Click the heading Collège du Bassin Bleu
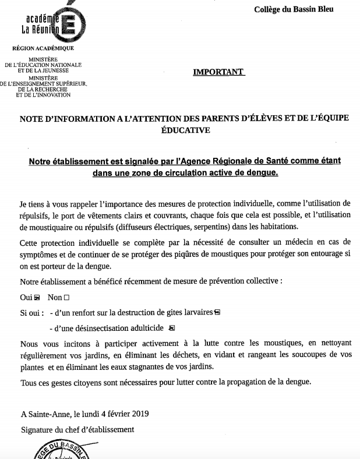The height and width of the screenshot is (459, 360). tap(294, 9)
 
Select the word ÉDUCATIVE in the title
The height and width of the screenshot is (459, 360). tap(185, 131)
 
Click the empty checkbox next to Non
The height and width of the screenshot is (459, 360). tap(74, 297)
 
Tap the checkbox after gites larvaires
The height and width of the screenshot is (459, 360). tap(218, 312)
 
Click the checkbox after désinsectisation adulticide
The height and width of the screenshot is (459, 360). tap(172, 327)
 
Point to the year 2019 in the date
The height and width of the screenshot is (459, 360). tap(138, 414)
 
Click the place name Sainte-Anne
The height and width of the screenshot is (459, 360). tap(46, 414)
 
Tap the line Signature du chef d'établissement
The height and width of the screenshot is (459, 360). tap(77, 429)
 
